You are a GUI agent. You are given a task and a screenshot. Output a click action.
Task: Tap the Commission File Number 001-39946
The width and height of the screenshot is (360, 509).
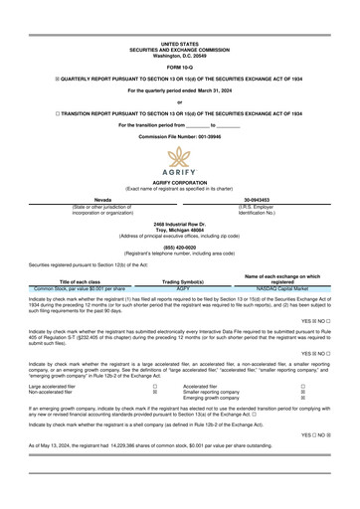(179, 136)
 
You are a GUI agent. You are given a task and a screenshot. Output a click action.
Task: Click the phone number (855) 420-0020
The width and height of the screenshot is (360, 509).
(179, 250)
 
